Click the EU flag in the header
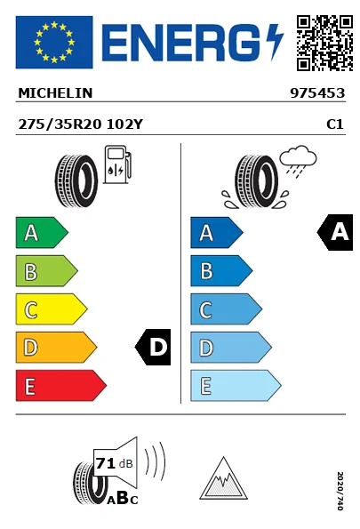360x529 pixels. point(54,42)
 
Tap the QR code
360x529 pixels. point(324,43)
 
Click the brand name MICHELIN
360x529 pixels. point(55,93)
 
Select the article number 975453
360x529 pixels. point(317,93)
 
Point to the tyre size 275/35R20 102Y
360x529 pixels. point(81,124)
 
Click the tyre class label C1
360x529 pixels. point(335,124)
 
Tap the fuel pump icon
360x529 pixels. point(117,164)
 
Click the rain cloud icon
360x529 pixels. point(298,161)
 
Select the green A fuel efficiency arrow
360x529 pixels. point(42,232)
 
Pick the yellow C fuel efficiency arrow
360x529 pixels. point(52,309)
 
